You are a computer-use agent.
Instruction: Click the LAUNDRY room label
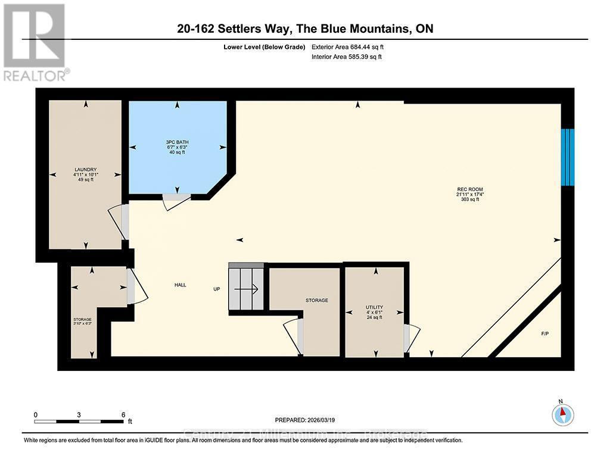point(86,170)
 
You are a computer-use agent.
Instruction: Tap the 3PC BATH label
point(176,142)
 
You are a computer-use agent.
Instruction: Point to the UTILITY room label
point(375,308)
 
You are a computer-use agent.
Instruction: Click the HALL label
point(180,285)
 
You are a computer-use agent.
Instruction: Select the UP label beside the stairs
point(217,289)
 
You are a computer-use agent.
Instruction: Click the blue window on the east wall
point(568,157)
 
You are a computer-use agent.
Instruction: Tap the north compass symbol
point(562,413)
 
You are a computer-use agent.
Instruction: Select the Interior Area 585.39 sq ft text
point(347,57)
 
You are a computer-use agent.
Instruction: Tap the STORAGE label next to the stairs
point(316,301)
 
